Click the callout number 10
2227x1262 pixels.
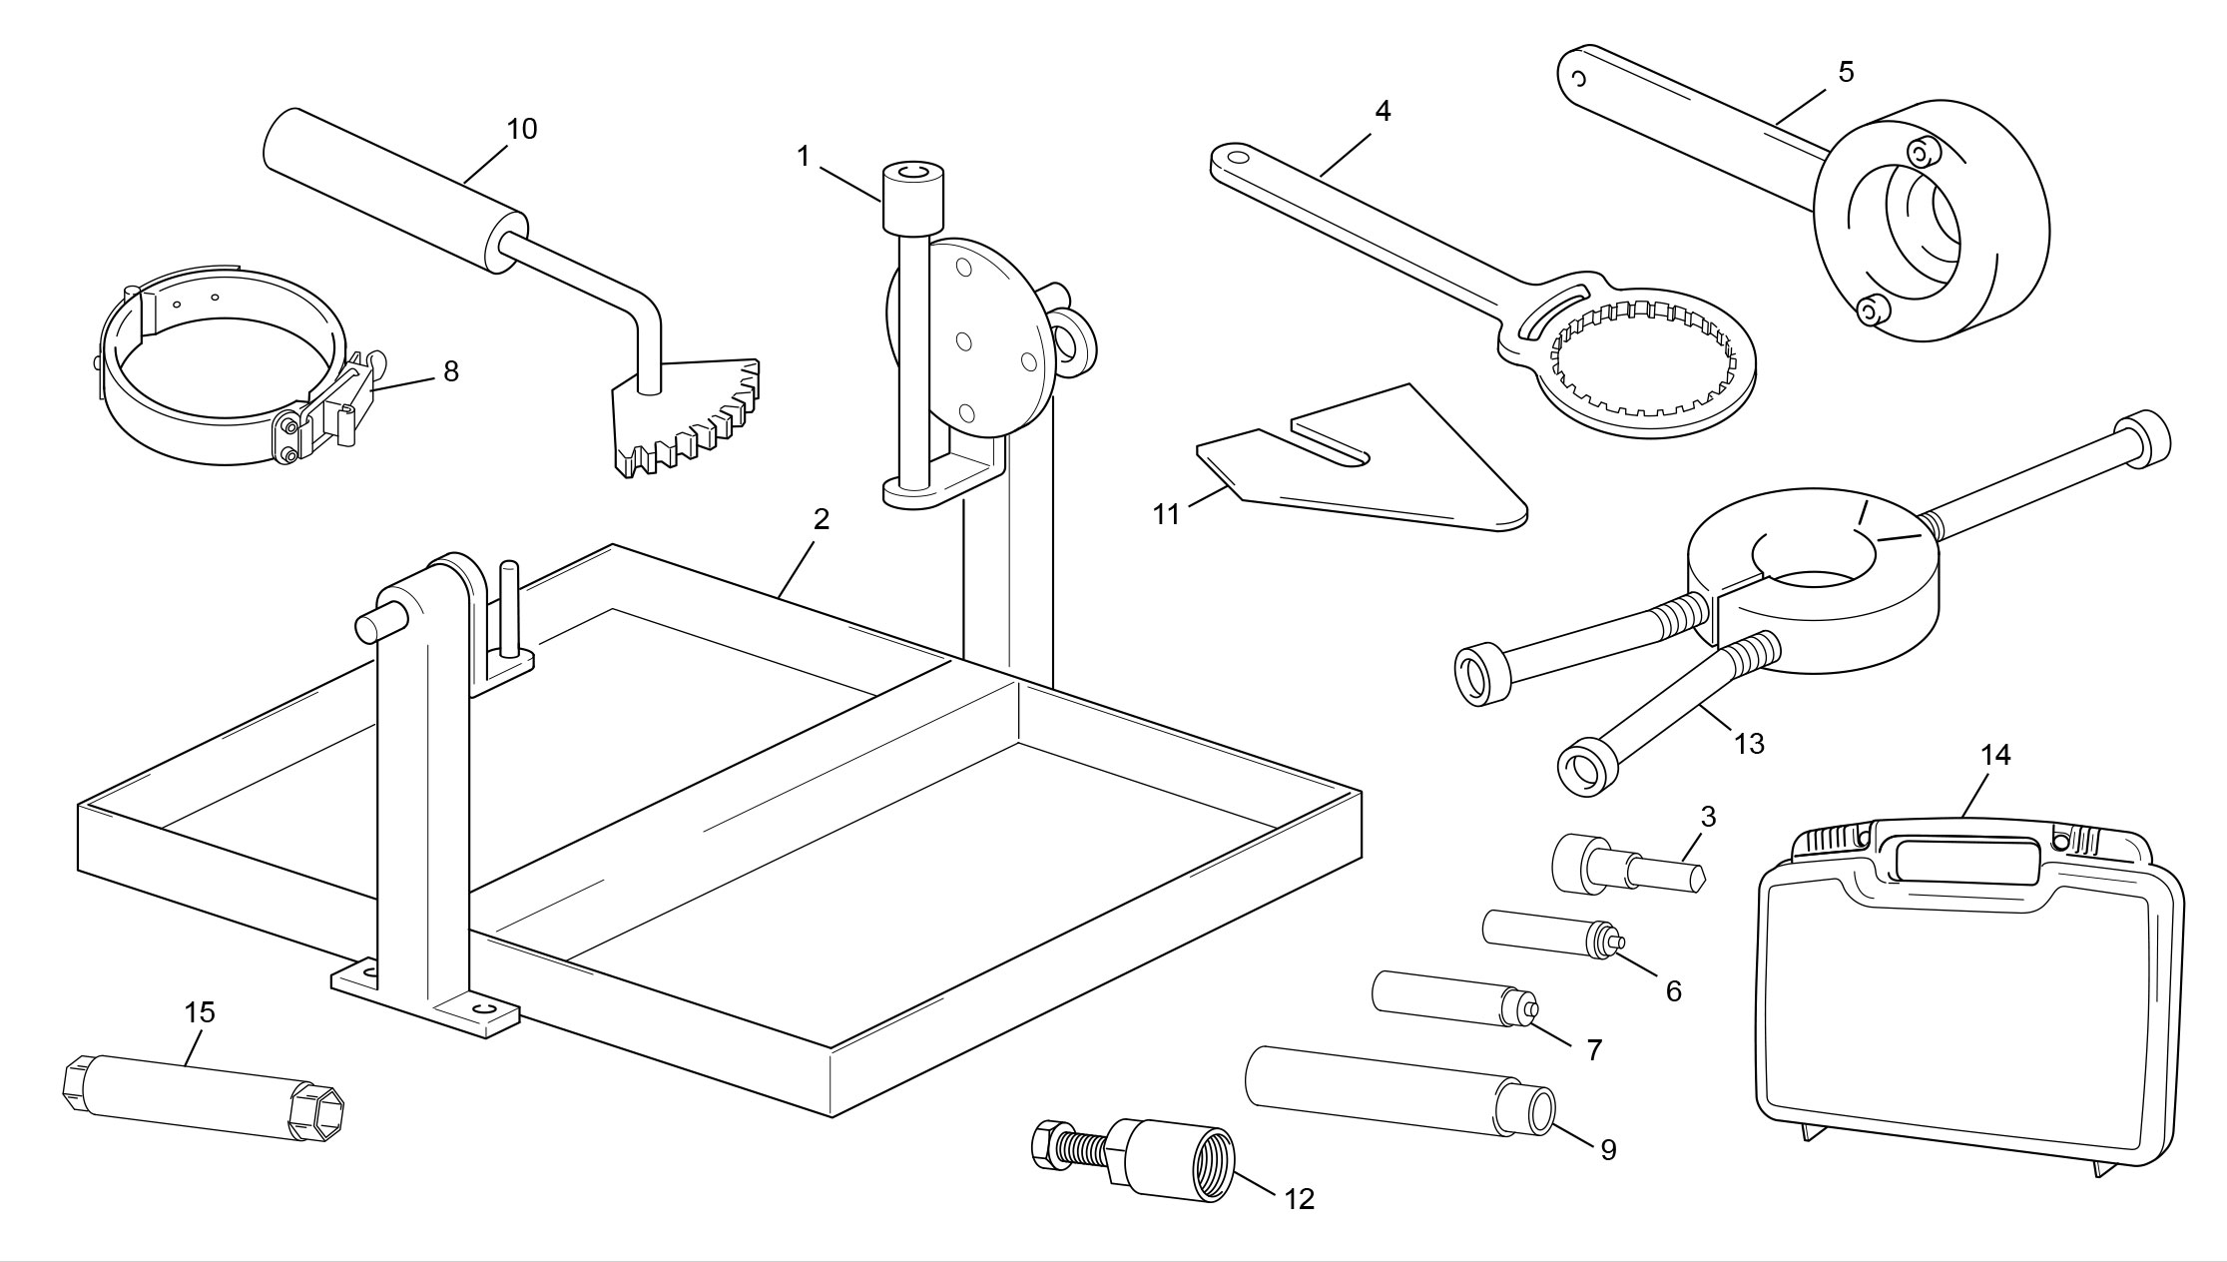click(x=521, y=129)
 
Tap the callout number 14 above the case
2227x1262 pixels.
click(x=1994, y=756)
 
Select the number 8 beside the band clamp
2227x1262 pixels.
click(x=451, y=371)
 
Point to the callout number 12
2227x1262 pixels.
click(x=1299, y=1199)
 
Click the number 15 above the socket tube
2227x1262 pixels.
click(x=200, y=1012)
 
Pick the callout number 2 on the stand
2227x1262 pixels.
click(x=821, y=519)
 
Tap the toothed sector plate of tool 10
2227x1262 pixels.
click(x=689, y=419)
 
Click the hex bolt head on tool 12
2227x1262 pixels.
click(x=1047, y=1143)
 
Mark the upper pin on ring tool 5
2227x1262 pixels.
click(x=1921, y=153)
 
